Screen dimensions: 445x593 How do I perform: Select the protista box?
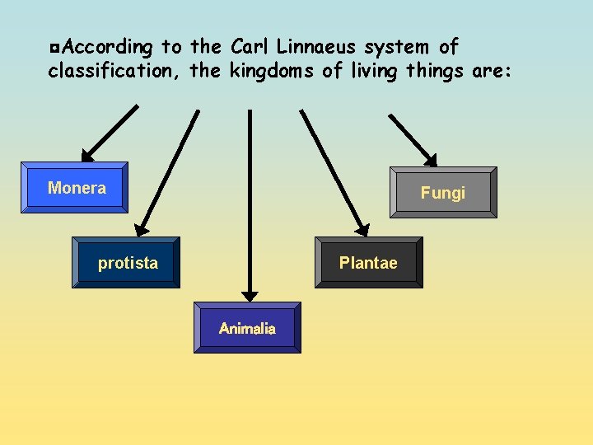tap(125, 263)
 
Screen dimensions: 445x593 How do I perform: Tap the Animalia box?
tap(247, 328)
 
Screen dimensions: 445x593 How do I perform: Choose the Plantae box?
tap(368, 263)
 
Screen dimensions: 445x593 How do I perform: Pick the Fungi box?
tap(443, 193)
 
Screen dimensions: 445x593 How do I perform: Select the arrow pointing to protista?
tap(168, 173)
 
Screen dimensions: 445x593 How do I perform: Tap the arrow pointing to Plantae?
tap(334, 173)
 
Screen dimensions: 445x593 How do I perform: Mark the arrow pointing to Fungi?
tap(412, 136)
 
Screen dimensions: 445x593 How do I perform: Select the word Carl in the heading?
tap(249, 47)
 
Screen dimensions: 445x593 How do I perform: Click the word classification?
tap(115, 71)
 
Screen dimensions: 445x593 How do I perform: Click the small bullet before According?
tap(54, 48)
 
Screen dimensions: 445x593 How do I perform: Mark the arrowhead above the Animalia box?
tap(250, 295)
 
